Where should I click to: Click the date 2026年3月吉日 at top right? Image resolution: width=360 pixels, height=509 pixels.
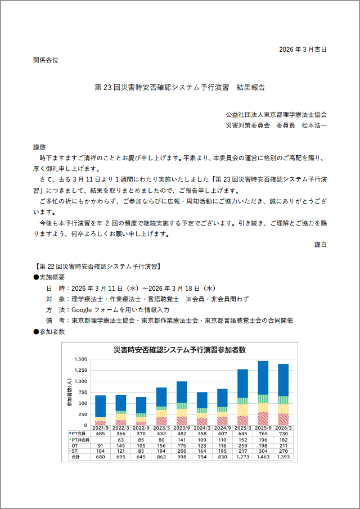(303, 49)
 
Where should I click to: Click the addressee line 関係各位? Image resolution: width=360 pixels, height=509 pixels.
(46, 59)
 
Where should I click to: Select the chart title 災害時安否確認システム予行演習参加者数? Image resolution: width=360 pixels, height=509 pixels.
(179, 350)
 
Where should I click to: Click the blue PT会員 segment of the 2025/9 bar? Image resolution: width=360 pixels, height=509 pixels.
(263, 377)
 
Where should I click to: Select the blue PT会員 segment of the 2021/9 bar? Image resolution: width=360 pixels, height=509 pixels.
(101, 406)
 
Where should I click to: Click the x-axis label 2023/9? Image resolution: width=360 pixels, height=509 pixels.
(182, 428)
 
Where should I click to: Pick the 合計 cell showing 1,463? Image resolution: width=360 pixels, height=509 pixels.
(263, 457)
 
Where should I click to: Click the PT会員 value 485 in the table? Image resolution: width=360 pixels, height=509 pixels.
(101, 434)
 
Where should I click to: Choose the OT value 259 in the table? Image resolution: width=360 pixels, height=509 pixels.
(242, 445)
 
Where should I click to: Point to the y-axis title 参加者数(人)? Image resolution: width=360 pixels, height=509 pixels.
(70, 393)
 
